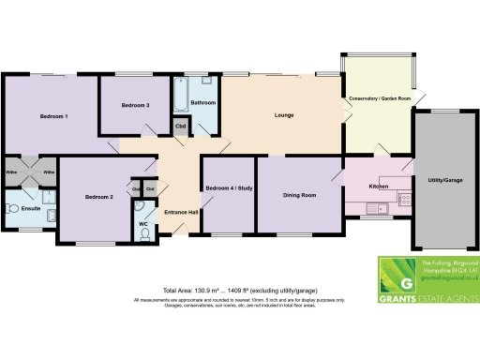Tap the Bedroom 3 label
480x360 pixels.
pyautogui.click(x=136, y=105)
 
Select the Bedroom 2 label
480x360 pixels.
pyautogui.click(x=98, y=197)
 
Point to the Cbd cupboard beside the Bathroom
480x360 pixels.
pyautogui.click(x=179, y=126)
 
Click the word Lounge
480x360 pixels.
pyautogui.click(x=284, y=115)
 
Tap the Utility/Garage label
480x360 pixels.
pyautogui.click(x=444, y=178)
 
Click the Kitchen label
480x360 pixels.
pyautogui.click(x=379, y=186)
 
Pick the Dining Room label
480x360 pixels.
pyautogui.click(x=299, y=195)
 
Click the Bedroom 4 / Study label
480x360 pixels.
pyautogui.click(x=229, y=188)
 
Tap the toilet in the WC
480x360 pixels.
pyautogui.click(x=145, y=235)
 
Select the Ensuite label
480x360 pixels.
pyautogui.click(x=31, y=210)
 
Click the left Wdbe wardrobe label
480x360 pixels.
pyautogui.click(x=12, y=172)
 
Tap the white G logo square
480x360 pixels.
pyautogui.click(x=405, y=282)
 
